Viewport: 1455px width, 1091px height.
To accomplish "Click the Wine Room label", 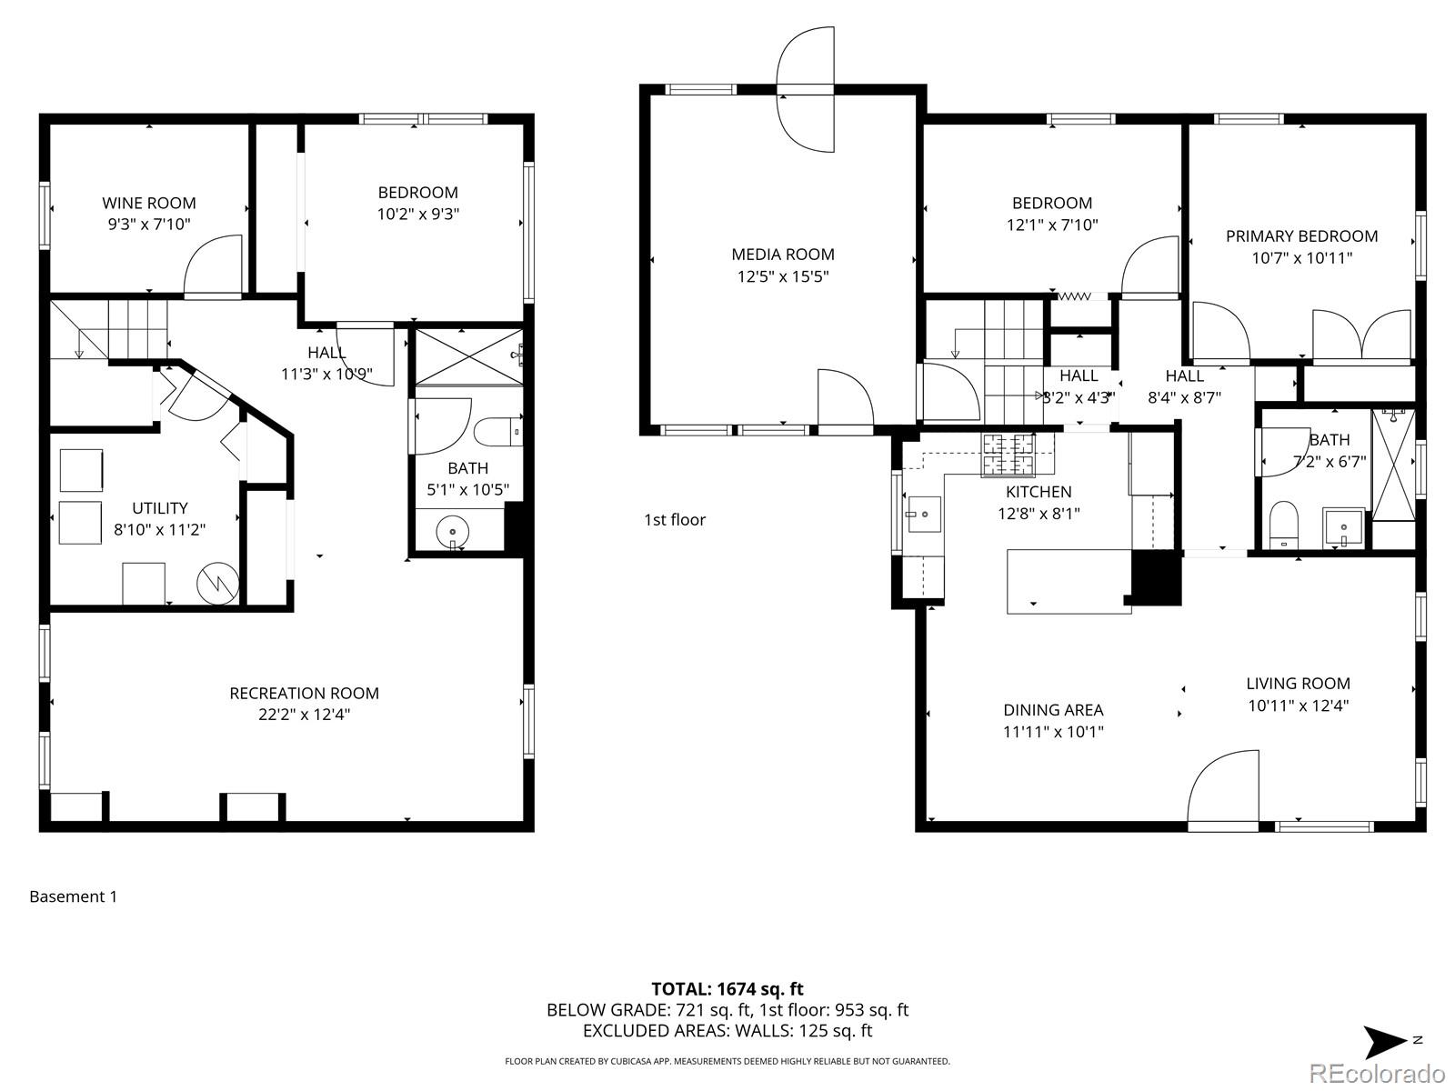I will coord(148,203).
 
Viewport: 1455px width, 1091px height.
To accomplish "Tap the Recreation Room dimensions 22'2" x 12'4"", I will coord(304,715).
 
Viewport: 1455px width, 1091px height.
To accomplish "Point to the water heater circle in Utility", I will coord(219,583).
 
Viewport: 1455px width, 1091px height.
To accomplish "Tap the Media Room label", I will coord(783,255).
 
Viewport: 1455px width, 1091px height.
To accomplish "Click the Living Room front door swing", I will coord(1223,789).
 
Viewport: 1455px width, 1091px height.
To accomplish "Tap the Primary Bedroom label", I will coord(1301,236).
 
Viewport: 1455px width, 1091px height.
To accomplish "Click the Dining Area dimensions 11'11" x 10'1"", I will coord(1053,732).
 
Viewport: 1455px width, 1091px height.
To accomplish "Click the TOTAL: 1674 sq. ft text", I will coord(727,989).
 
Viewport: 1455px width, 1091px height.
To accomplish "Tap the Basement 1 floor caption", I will coord(73,896).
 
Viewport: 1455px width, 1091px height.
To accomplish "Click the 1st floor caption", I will coord(675,520).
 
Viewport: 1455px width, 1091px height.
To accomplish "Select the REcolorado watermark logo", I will coord(1379,1074).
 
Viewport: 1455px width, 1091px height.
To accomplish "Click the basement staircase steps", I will coord(137,330).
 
